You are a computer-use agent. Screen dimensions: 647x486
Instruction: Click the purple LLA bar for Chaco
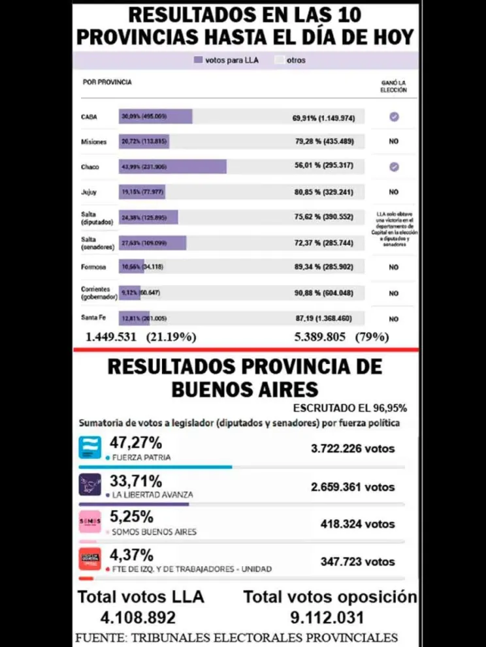(x=172, y=167)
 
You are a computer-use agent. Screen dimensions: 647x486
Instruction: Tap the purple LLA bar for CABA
(x=155, y=117)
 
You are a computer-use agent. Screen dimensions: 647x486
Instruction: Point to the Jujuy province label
(x=89, y=192)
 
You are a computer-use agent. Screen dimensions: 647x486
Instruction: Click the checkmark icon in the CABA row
(x=394, y=117)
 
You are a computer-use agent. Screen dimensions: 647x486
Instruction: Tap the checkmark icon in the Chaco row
(x=394, y=167)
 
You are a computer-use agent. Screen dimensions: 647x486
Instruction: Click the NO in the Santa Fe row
(x=394, y=319)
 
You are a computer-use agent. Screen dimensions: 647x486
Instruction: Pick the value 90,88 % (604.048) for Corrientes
(x=327, y=293)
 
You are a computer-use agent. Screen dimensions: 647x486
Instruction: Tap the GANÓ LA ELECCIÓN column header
(x=394, y=87)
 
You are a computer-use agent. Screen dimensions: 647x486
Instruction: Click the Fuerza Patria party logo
(x=89, y=447)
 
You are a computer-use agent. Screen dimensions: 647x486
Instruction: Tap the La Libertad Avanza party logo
(x=89, y=485)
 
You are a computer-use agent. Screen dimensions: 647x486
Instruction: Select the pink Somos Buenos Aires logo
(x=89, y=522)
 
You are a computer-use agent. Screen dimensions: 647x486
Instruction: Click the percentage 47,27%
(x=136, y=444)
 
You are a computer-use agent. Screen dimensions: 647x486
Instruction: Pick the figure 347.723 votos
(x=357, y=561)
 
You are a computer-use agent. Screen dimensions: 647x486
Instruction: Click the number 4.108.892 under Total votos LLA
(x=138, y=617)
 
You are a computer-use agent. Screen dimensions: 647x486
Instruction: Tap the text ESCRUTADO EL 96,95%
(x=350, y=408)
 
